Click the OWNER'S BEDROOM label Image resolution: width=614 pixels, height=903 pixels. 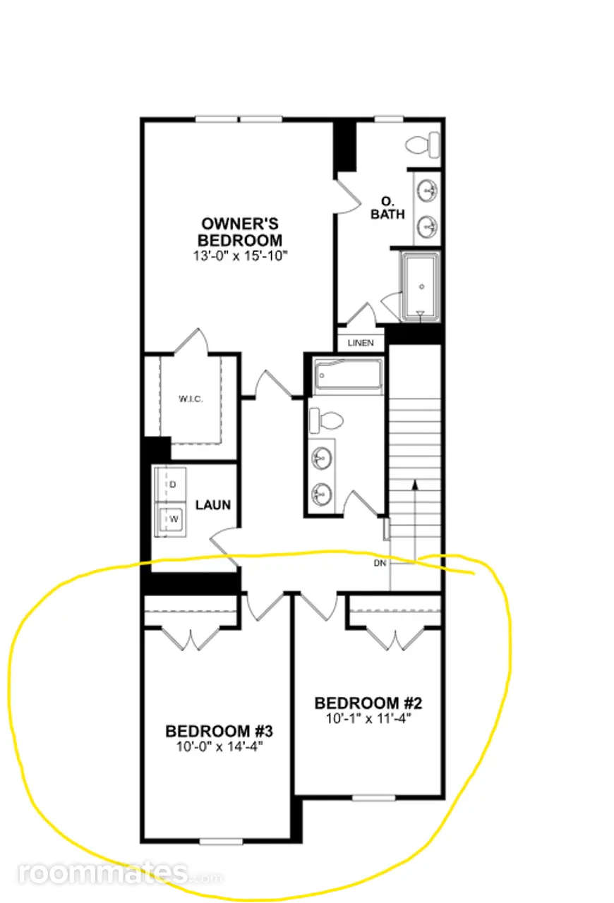pyautogui.click(x=240, y=232)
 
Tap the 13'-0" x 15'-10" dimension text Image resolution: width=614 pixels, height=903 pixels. pyautogui.click(x=240, y=256)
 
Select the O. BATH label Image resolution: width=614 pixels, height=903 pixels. pyautogui.click(x=387, y=208)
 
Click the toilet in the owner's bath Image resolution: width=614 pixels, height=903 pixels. pyautogui.click(x=423, y=145)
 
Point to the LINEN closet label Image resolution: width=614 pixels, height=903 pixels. pyautogui.click(x=361, y=343)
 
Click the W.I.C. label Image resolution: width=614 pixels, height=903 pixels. pyautogui.click(x=191, y=399)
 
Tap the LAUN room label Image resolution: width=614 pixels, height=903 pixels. pyautogui.click(x=213, y=504)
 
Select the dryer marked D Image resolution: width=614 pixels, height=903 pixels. pyautogui.click(x=171, y=485)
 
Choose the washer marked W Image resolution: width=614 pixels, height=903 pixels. pyautogui.click(x=171, y=519)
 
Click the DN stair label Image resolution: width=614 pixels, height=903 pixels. pyautogui.click(x=380, y=563)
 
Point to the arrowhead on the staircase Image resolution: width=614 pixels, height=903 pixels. pyautogui.click(x=415, y=485)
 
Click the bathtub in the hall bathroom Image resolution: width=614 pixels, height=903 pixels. pyautogui.click(x=348, y=375)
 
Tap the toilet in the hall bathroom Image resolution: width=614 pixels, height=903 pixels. pyautogui.click(x=325, y=420)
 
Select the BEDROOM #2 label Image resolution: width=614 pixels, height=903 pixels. pyautogui.click(x=368, y=703)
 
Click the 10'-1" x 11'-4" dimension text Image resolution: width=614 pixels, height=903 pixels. pyautogui.click(x=368, y=719)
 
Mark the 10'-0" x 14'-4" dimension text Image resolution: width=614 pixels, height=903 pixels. pyautogui.click(x=219, y=747)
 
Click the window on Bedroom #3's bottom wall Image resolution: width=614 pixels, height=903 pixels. pyautogui.click(x=221, y=842)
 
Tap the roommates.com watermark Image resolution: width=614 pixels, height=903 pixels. pyautogui.click(x=120, y=873)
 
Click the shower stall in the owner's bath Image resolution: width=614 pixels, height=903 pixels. pyautogui.click(x=420, y=286)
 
